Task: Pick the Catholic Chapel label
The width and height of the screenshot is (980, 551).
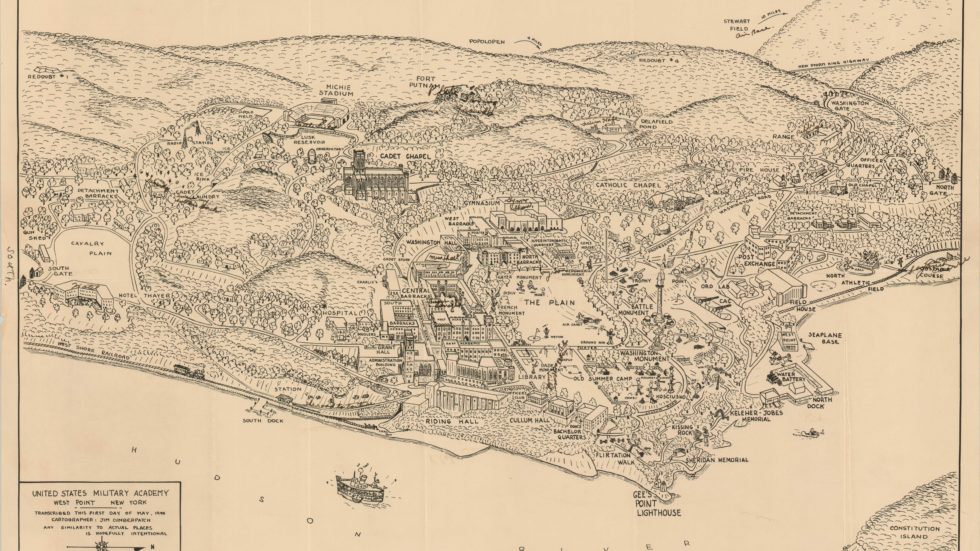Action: pos(630,185)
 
